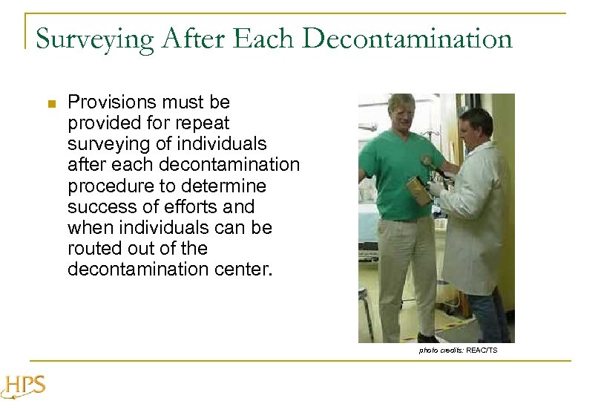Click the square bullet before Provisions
(x=50, y=104)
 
